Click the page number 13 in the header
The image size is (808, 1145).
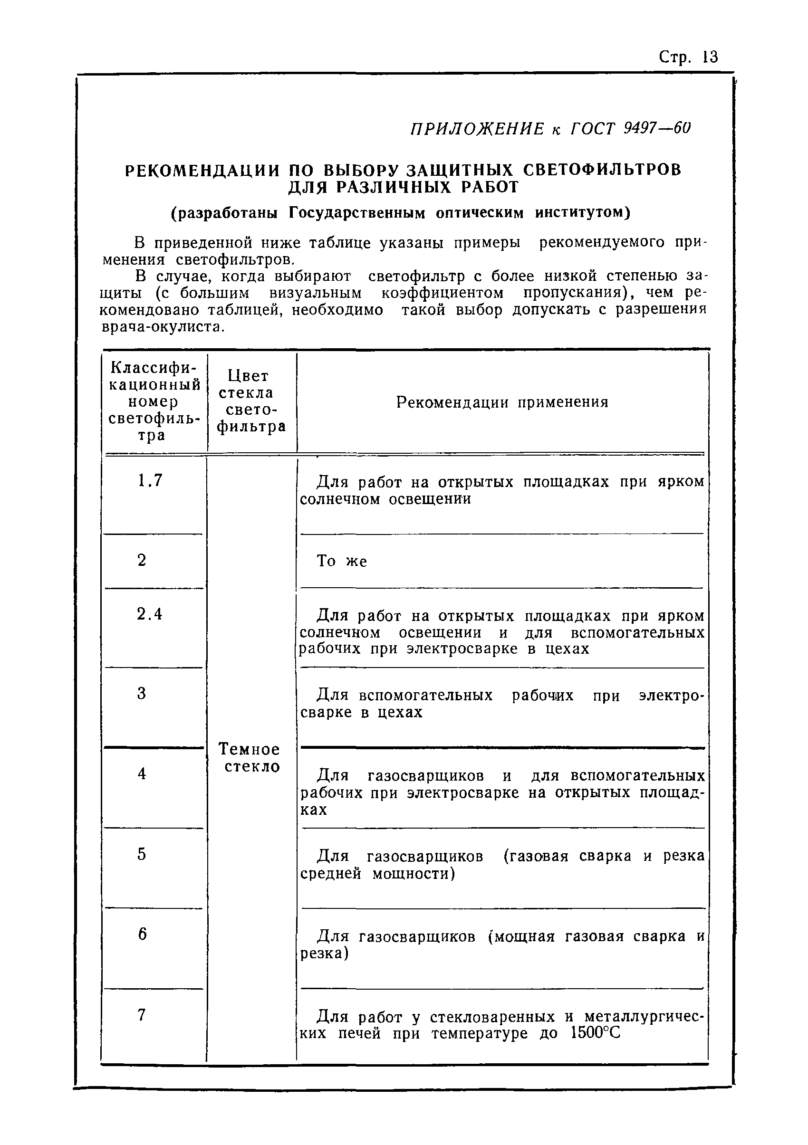click(x=709, y=57)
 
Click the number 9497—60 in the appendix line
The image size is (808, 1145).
click(x=657, y=129)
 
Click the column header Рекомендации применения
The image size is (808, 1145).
click(x=502, y=402)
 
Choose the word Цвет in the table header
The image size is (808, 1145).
click(x=248, y=375)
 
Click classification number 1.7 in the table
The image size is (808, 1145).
click(x=150, y=480)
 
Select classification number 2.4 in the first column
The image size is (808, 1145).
click(x=150, y=614)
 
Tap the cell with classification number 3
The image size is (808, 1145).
click(x=142, y=693)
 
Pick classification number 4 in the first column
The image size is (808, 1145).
click(x=142, y=773)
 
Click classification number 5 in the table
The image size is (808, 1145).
click(x=142, y=854)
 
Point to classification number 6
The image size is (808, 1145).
click(x=143, y=934)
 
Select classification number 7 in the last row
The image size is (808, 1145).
click(x=142, y=1014)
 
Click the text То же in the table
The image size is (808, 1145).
click(x=342, y=561)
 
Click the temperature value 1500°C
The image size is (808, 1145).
click(x=595, y=1033)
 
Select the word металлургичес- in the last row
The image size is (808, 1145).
click(x=644, y=1016)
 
